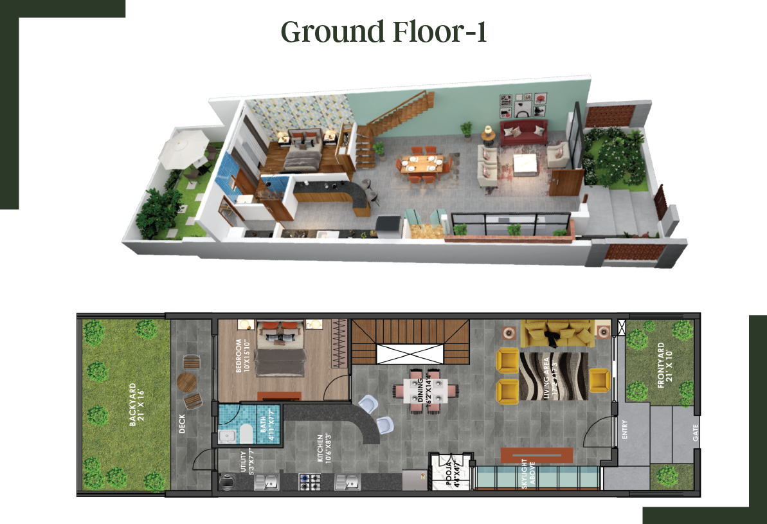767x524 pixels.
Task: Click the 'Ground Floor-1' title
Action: (x=383, y=32)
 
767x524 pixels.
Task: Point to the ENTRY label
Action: (x=625, y=429)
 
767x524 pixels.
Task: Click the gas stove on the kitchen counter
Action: (x=311, y=481)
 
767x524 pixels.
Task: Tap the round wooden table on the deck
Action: (x=188, y=383)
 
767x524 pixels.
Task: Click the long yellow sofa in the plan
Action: (x=557, y=332)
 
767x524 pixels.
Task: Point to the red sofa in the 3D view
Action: (x=523, y=132)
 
